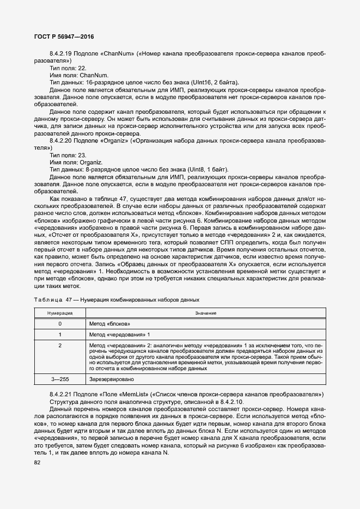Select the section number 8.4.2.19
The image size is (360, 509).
tap(62, 54)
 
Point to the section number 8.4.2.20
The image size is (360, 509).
tap(62, 140)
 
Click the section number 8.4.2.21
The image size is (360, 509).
tap(62, 394)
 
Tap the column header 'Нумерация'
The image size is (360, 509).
tap(59, 312)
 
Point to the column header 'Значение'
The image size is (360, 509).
tap(204, 312)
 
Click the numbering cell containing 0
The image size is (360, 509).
tap(59, 323)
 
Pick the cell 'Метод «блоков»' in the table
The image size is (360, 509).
tap(109, 323)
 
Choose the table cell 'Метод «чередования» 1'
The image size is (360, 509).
tap(119, 334)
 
